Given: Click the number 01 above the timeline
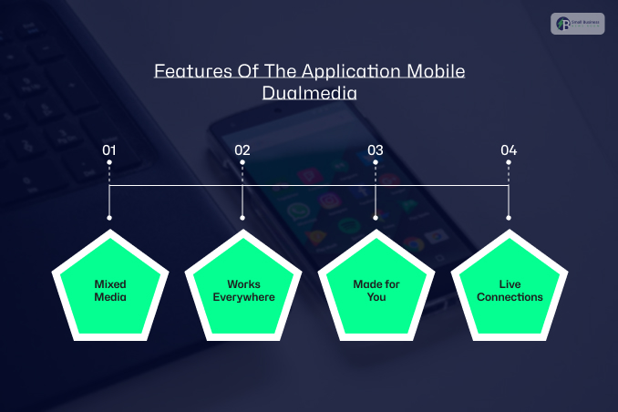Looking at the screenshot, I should click(109, 149).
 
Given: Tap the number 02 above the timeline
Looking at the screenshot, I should click(242, 149).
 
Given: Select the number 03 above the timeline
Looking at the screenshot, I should click(376, 149).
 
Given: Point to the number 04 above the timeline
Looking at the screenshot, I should click(509, 149).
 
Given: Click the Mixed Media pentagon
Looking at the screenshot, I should click(109, 290).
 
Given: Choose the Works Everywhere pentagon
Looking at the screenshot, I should click(243, 290).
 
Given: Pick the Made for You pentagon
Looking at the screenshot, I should click(376, 290).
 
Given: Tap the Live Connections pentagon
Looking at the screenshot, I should click(510, 290).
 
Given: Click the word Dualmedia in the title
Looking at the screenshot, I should click(309, 92).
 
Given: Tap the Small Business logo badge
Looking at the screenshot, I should click(578, 24).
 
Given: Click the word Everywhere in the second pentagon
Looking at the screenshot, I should click(243, 297).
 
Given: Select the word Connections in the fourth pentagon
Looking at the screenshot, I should click(510, 297).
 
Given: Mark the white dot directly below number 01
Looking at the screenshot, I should click(109, 163).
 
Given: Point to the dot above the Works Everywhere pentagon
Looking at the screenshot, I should click(242, 218).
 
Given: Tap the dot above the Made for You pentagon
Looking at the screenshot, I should click(376, 218).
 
